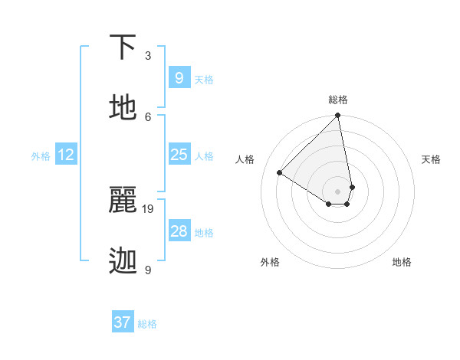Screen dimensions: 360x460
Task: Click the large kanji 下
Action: tap(124, 48)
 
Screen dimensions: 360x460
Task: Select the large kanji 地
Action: tap(124, 109)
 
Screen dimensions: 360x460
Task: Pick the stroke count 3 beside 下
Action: tap(148, 55)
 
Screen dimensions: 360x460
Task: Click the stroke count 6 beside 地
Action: tap(148, 116)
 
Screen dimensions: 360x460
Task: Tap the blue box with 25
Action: tap(179, 155)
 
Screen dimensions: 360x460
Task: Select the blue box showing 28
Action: tap(179, 231)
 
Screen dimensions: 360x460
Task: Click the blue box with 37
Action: tap(123, 322)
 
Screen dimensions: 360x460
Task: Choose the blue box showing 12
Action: tap(66, 155)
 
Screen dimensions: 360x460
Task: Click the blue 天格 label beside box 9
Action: tap(204, 79)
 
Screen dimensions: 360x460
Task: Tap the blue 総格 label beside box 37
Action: tap(147, 324)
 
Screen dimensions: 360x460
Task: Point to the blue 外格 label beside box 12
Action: tap(41, 156)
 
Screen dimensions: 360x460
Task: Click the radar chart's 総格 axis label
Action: tap(338, 100)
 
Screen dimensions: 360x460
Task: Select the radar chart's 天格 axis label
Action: tap(432, 159)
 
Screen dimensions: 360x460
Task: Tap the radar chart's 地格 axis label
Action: tap(402, 262)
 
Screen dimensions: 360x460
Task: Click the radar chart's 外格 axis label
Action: tap(270, 262)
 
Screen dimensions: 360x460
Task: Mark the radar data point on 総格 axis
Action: tap(338, 116)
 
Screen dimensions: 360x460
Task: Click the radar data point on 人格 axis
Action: tap(280, 173)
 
